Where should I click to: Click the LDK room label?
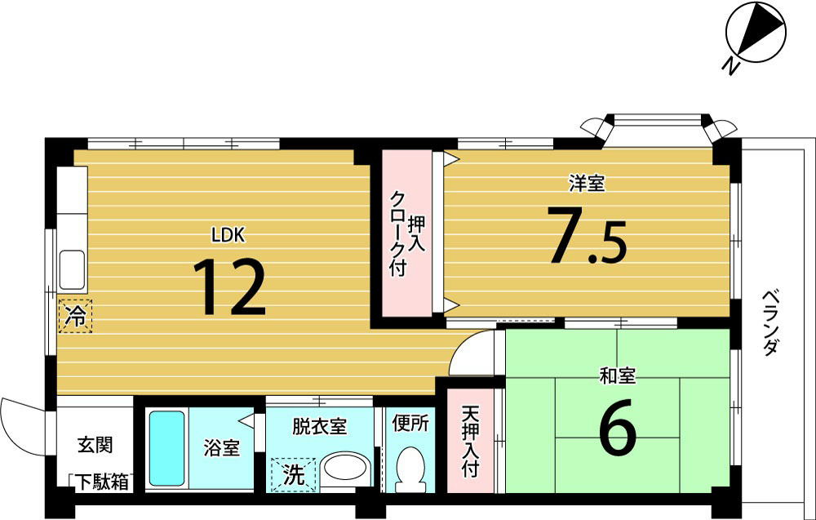[x=228, y=235]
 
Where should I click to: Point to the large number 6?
[x=618, y=430]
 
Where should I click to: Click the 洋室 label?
[x=587, y=184]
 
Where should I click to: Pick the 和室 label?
[x=618, y=376]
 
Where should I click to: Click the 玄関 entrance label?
[x=95, y=446]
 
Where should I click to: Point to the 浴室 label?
[x=221, y=448]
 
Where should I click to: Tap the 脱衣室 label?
[x=319, y=426]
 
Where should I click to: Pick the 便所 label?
[x=410, y=424]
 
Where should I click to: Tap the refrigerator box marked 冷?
[x=75, y=316]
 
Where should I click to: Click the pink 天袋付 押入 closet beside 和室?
[x=471, y=442]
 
